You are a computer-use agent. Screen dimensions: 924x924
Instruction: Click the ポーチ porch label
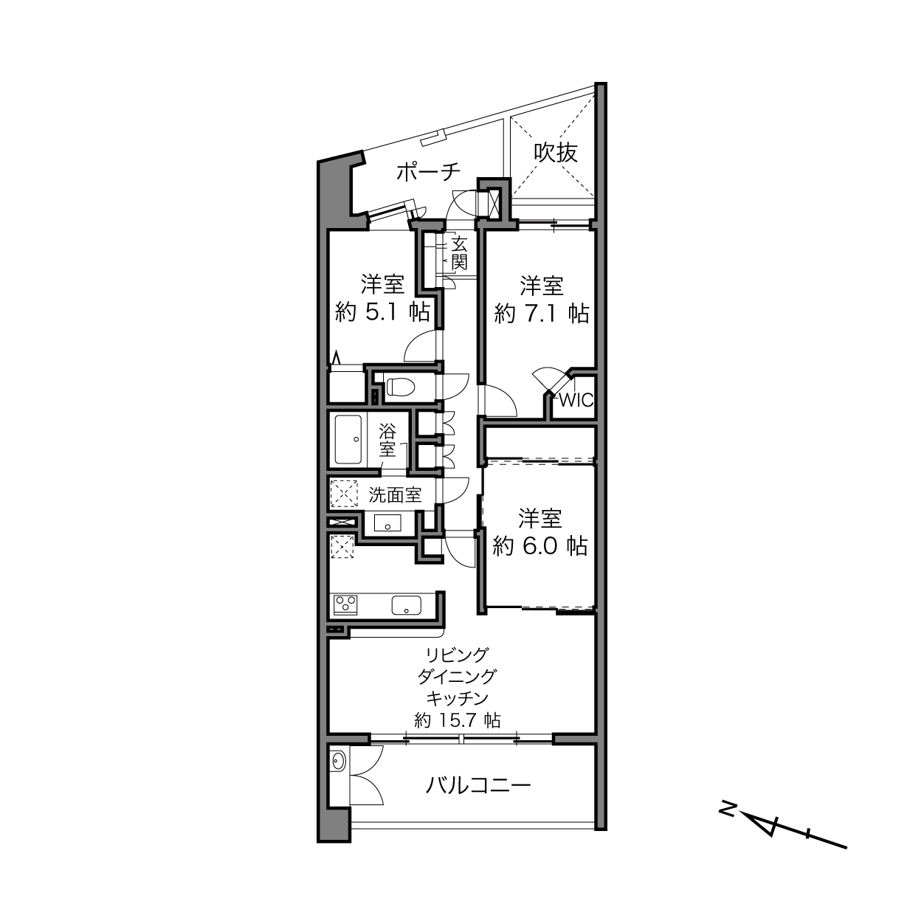click(428, 171)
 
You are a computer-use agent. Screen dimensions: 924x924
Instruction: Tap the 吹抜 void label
click(556, 153)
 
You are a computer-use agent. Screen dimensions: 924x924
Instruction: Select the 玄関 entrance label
click(459, 254)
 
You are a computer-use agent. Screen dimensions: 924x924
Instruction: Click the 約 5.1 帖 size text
click(382, 313)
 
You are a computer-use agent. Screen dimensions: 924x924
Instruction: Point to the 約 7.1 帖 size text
click(542, 313)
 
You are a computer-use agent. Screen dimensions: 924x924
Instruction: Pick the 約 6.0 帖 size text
click(540, 545)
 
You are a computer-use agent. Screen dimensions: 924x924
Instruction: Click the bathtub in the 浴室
click(348, 440)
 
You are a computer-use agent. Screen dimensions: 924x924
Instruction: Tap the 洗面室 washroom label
click(395, 495)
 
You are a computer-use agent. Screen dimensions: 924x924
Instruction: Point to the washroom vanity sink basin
click(387, 523)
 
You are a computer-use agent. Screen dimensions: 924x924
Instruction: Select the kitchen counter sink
click(406, 605)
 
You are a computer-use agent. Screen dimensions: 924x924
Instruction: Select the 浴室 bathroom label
click(387, 440)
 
